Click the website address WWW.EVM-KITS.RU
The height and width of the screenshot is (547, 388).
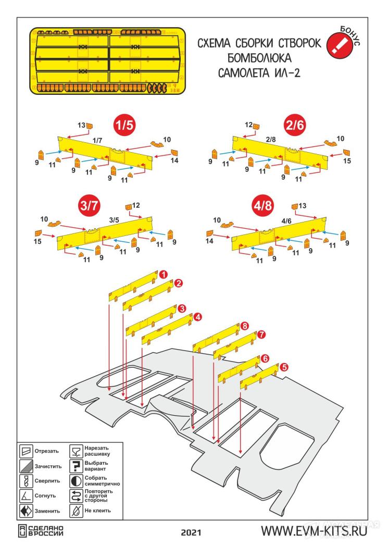(315, 532)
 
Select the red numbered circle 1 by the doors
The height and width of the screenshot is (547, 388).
(163, 273)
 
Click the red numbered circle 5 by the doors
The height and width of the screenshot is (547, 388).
(284, 367)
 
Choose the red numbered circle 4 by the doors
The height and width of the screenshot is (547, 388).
(198, 316)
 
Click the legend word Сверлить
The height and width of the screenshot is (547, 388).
(47, 480)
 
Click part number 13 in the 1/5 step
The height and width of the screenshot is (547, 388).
(81, 125)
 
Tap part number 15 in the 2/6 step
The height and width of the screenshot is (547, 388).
(347, 161)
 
